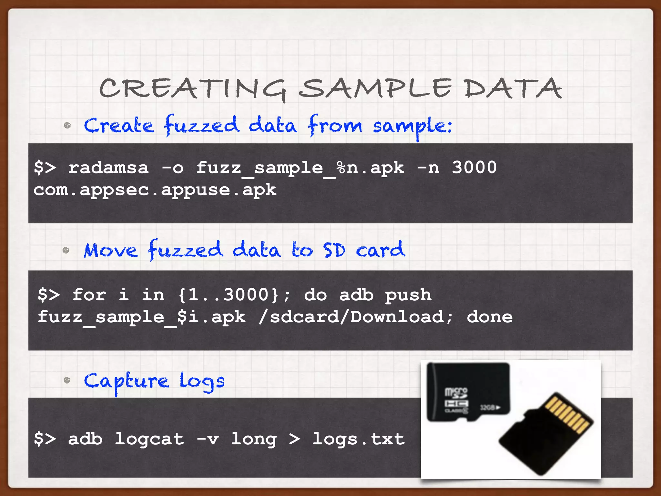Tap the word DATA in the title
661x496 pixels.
coord(513,88)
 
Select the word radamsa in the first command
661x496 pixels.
coord(108,168)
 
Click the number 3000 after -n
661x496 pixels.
coord(474,168)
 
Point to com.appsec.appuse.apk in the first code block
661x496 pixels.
coord(155,190)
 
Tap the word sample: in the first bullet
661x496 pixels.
coord(412,126)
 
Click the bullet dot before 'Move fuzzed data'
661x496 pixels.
coord(66,250)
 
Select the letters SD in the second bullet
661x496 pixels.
coord(334,250)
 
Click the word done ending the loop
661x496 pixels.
coord(490,317)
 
